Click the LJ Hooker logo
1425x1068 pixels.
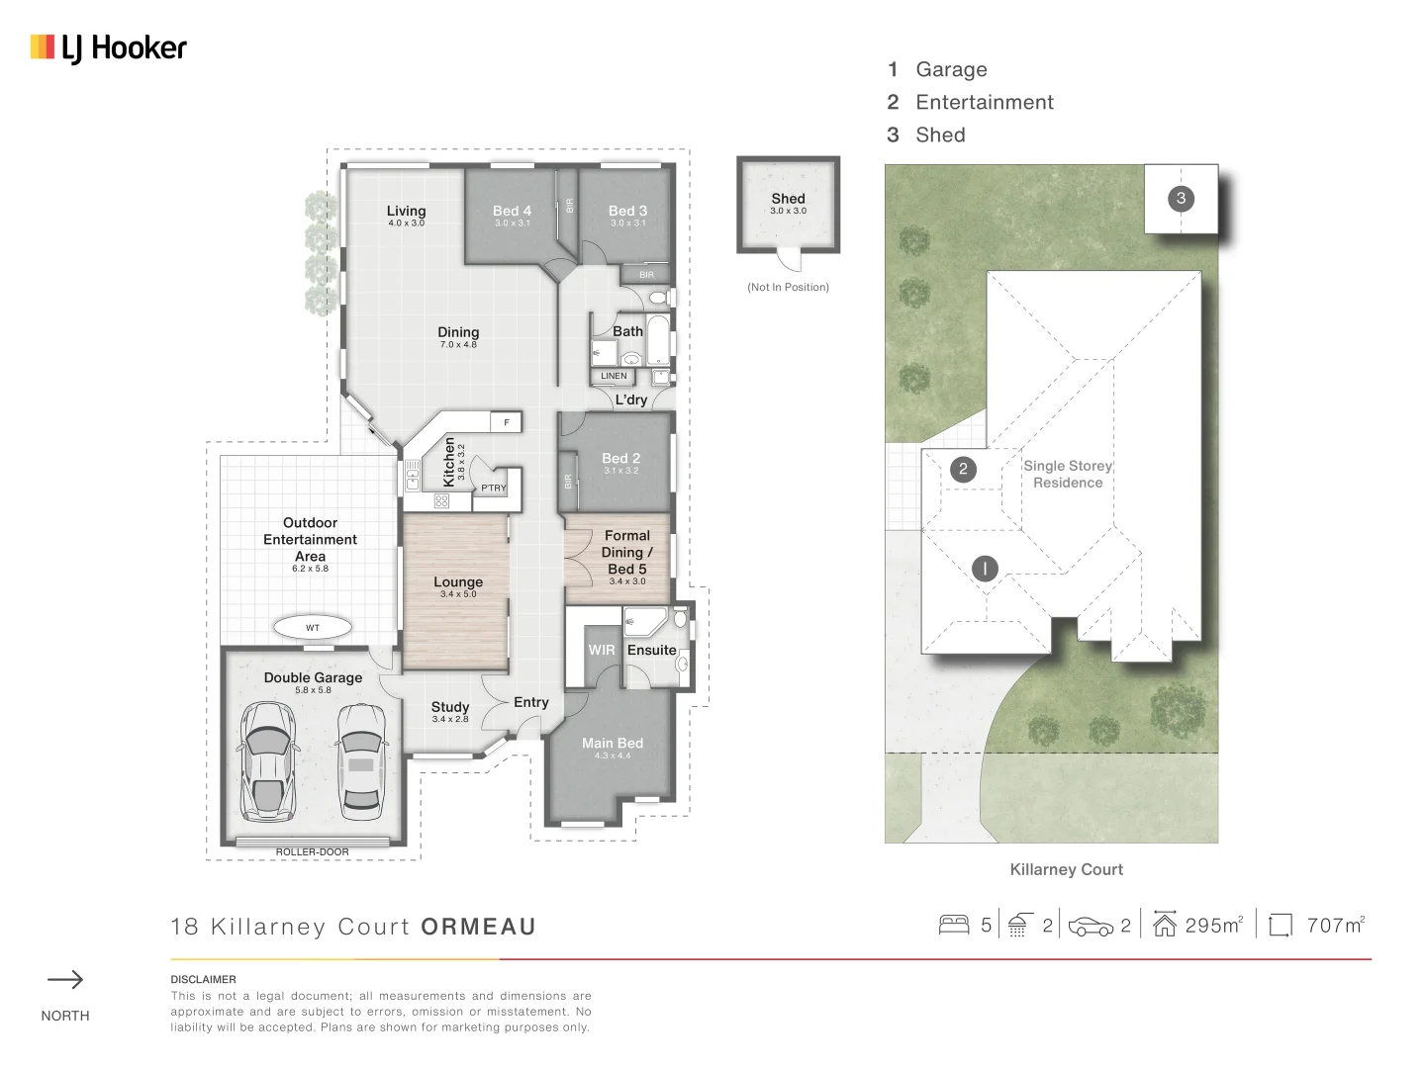109,47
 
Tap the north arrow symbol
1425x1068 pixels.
65,980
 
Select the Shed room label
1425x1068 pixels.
788,199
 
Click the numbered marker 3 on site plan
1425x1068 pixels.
1181,198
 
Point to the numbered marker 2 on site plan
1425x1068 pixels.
963,469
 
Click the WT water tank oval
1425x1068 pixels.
313,627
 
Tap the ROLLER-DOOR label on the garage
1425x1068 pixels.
312,851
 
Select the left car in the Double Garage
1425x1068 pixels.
267,760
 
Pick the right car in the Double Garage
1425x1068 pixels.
360,760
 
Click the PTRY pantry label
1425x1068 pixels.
493,488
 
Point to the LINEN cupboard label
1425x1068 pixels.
614,376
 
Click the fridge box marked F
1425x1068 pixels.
507,422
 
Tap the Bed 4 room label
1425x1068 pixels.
512,211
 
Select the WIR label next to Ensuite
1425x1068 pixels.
602,650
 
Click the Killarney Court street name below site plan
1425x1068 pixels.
1066,869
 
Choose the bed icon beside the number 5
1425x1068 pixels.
954,925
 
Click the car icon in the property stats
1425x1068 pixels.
1091,927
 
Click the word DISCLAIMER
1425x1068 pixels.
203,979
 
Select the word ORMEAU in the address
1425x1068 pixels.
478,927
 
